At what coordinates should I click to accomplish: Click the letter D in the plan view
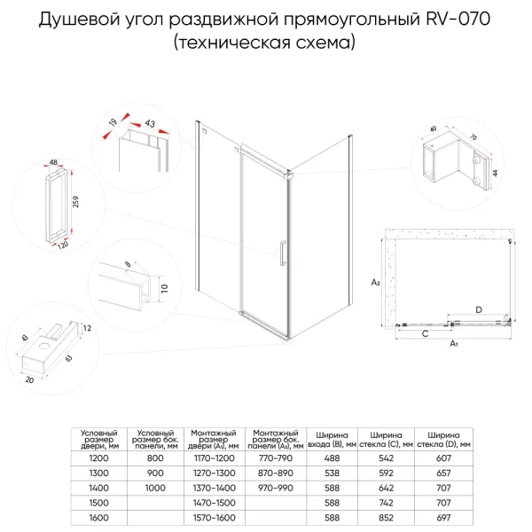click(x=478, y=309)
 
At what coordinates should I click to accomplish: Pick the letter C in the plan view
click(x=425, y=333)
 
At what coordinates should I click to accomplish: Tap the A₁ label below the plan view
click(x=453, y=342)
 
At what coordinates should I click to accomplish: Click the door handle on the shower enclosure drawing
click(x=281, y=254)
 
